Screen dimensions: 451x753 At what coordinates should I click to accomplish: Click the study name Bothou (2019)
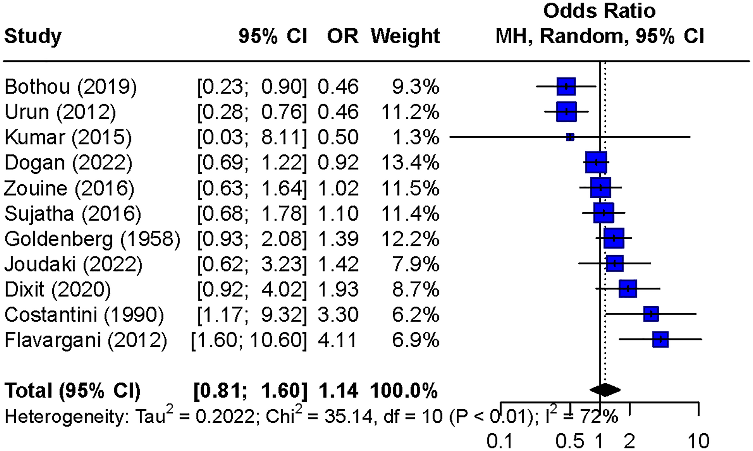[x=70, y=87]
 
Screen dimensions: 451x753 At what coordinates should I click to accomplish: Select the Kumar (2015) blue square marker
[x=570, y=137]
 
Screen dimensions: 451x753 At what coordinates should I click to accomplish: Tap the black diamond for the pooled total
[x=605, y=390]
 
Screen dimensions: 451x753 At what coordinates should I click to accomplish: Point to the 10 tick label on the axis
[x=698, y=440]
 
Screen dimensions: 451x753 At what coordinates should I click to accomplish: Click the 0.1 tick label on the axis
[x=500, y=440]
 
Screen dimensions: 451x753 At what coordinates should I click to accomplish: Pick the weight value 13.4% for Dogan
[x=410, y=163]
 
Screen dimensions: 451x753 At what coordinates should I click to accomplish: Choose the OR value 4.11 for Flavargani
[x=337, y=340]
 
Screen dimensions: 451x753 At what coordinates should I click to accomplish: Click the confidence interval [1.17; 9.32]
[x=252, y=314]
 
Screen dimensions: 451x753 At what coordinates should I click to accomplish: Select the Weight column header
[x=405, y=36]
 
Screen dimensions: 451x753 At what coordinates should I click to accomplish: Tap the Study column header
[x=33, y=36]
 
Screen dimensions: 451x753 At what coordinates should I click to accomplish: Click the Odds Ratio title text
[x=599, y=11]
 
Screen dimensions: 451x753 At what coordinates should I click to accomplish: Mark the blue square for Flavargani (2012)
[x=660, y=339]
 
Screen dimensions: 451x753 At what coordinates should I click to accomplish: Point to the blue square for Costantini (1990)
[x=651, y=314]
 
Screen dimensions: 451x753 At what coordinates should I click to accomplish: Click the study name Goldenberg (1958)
[x=92, y=239]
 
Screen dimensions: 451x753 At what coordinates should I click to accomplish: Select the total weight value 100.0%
[x=404, y=391]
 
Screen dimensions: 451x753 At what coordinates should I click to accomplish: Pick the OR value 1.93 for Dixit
[x=338, y=289]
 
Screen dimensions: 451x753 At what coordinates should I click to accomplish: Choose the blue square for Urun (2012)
[x=566, y=112]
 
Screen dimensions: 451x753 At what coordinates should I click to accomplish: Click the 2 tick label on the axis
[x=629, y=440]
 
